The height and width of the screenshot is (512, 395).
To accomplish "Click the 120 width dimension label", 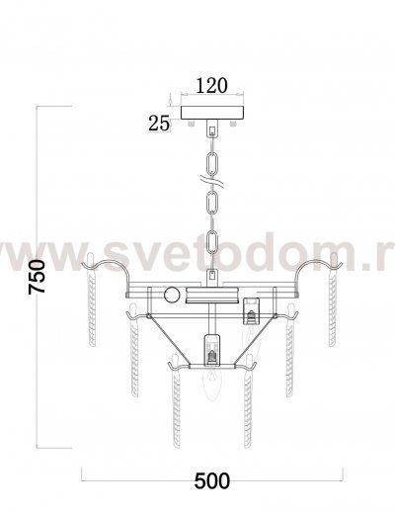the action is [x=212, y=86].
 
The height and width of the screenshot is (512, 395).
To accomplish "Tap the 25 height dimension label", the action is [x=159, y=124].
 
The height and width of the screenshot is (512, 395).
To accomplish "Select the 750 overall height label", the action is [x=37, y=277].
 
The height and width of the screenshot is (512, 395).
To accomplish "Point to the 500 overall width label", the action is [x=212, y=481].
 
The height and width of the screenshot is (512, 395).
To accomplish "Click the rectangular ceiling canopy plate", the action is [x=212, y=113].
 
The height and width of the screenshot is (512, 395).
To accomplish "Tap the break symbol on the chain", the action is [x=212, y=182].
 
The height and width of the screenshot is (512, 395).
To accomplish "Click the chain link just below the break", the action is [x=212, y=203].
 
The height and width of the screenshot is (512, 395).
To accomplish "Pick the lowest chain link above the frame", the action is [x=212, y=241].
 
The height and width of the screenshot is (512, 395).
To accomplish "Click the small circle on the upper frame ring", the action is [x=172, y=295].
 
